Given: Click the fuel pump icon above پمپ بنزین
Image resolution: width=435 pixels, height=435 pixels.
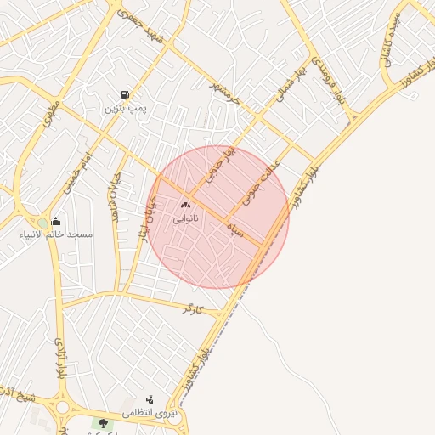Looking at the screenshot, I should pos(126,95).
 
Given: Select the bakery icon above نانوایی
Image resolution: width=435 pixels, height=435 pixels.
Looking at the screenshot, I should pos(185,205).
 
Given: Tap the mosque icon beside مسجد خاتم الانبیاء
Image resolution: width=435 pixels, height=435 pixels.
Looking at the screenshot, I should pos(55,221).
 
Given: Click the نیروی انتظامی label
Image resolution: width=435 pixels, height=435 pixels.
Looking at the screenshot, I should pos(150,413).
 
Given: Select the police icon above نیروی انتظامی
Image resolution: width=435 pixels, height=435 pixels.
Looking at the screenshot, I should pos(150,399).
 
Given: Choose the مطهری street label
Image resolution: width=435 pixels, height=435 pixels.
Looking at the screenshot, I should pos(47,116).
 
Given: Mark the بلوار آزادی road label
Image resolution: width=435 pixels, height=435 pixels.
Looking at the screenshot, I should pos(61,356).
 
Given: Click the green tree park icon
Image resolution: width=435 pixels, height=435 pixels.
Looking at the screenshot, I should pos(103,423).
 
